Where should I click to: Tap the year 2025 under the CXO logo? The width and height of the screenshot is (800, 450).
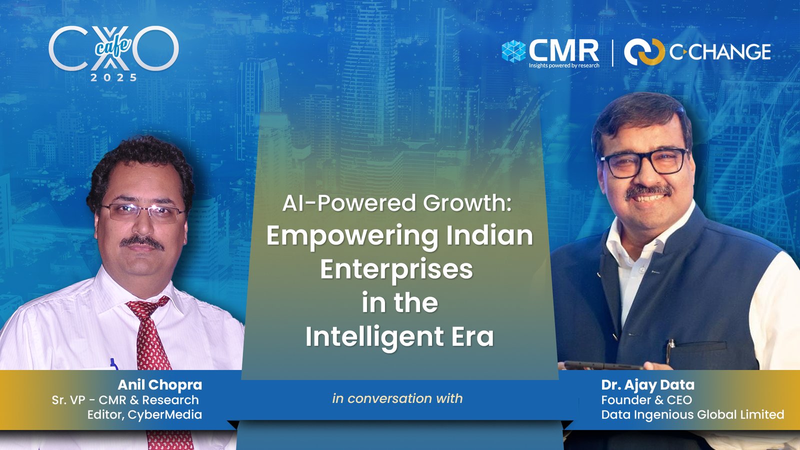tap(113, 77)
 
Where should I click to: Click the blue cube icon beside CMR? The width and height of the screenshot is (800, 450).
tap(513, 51)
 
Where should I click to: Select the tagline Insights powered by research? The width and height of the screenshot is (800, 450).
tap(564, 65)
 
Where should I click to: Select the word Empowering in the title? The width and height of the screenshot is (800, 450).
tap(352, 237)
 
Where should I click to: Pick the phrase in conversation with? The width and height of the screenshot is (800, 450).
tap(397, 398)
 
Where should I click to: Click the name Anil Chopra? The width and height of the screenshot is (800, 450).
tap(159, 384)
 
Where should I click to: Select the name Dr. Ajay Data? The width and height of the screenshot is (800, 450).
tap(648, 384)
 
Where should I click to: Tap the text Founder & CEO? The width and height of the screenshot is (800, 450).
tap(646, 400)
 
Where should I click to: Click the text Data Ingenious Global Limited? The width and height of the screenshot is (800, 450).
tap(692, 414)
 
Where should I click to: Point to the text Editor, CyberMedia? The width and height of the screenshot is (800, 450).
tap(144, 414)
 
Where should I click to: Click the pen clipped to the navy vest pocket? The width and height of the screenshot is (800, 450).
tap(670, 350)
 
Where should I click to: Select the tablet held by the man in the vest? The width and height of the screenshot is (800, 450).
tap(603, 365)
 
